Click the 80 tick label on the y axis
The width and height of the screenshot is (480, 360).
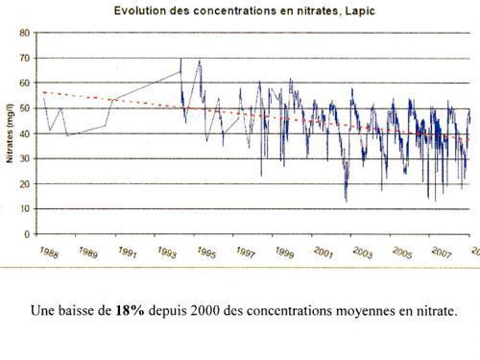coord(25,32)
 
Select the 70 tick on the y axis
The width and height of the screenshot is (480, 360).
coord(25,57)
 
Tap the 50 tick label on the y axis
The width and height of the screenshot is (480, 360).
coord(25,108)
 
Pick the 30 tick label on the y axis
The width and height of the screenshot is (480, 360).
coord(25,157)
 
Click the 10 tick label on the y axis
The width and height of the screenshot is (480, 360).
coord(25,208)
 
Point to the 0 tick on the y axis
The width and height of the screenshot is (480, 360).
coord(27,233)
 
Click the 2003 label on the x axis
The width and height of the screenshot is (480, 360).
coord(364,252)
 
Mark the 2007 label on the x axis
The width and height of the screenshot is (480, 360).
coord(443,252)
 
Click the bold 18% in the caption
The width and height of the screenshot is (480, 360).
coord(130,311)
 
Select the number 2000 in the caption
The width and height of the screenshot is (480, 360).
coord(215,311)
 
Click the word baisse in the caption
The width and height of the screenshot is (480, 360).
coord(78,311)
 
